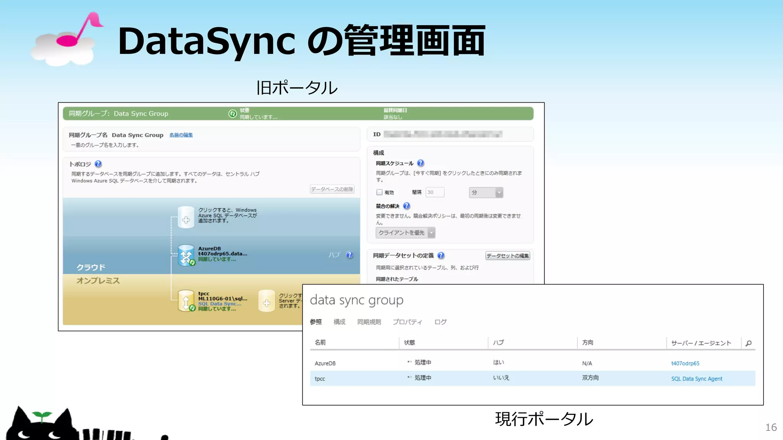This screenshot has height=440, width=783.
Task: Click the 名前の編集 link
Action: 181,135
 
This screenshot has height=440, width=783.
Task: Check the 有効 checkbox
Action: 379,192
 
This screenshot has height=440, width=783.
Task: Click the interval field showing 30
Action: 435,192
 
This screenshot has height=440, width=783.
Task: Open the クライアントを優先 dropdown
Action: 405,233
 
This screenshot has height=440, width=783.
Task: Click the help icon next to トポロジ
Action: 98,164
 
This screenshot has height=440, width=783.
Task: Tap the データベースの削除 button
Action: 332,189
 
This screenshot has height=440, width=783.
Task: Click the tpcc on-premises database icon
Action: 186,301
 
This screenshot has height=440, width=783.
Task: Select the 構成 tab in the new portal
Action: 339,322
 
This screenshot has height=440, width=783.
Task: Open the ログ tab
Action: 440,322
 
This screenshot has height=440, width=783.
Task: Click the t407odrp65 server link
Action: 685,363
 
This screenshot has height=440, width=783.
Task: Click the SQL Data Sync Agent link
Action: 697,379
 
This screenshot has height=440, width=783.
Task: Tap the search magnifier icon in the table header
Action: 749,343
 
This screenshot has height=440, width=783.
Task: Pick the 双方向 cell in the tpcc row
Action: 590,378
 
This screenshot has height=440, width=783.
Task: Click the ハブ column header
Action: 498,343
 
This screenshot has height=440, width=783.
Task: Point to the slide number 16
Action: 771,427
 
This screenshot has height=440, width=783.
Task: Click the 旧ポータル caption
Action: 297,88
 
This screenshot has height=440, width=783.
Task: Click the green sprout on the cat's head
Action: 42,416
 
